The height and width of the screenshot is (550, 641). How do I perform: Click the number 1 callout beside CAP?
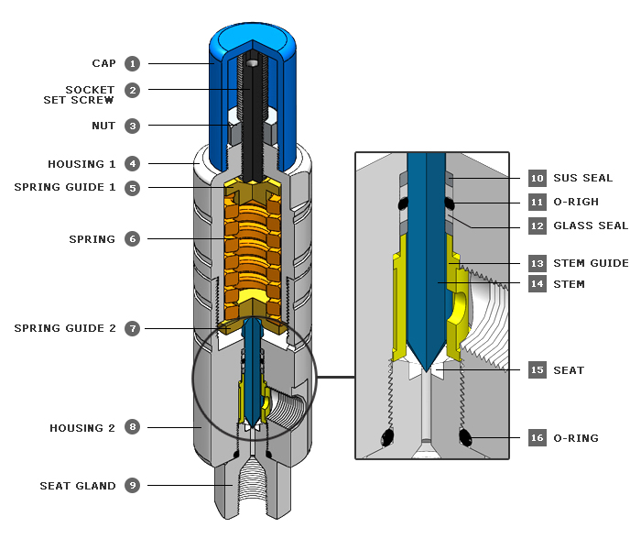pyautogui.click(x=133, y=63)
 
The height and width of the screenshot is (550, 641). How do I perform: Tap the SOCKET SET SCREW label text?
pyautogui.click(x=78, y=94)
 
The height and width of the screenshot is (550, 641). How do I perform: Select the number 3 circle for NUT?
pyautogui.click(x=133, y=126)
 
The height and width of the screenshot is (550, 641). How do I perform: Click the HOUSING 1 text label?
pyautogui.click(x=82, y=164)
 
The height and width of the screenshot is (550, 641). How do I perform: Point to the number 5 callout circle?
pyautogui.click(x=133, y=187)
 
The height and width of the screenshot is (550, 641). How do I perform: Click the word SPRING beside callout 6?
pyautogui.click(x=92, y=239)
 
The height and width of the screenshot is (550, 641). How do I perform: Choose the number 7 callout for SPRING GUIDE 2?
pyautogui.click(x=133, y=328)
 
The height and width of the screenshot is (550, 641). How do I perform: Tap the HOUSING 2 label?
pyautogui.click(x=82, y=428)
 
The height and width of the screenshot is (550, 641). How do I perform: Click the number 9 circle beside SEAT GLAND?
pyautogui.click(x=133, y=486)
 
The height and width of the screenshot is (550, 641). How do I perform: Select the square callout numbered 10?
pyautogui.click(x=538, y=178)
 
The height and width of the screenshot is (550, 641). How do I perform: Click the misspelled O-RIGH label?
pyautogui.click(x=577, y=202)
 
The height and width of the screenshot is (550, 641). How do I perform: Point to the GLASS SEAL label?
pyautogui.click(x=591, y=225)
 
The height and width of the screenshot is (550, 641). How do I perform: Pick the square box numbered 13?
pyautogui.click(x=538, y=263)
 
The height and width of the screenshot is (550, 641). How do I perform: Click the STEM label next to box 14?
pyautogui.click(x=569, y=284)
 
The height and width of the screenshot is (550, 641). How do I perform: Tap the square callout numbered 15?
pyautogui.click(x=538, y=370)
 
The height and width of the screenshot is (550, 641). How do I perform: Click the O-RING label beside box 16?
pyautogui.click(x=576, y=438)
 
